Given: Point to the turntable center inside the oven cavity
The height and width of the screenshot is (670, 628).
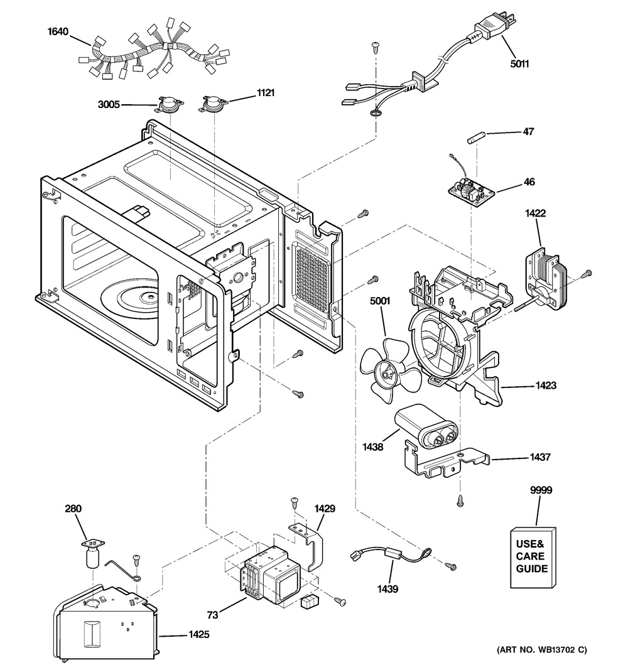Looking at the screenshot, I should click(x=151, y=296).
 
